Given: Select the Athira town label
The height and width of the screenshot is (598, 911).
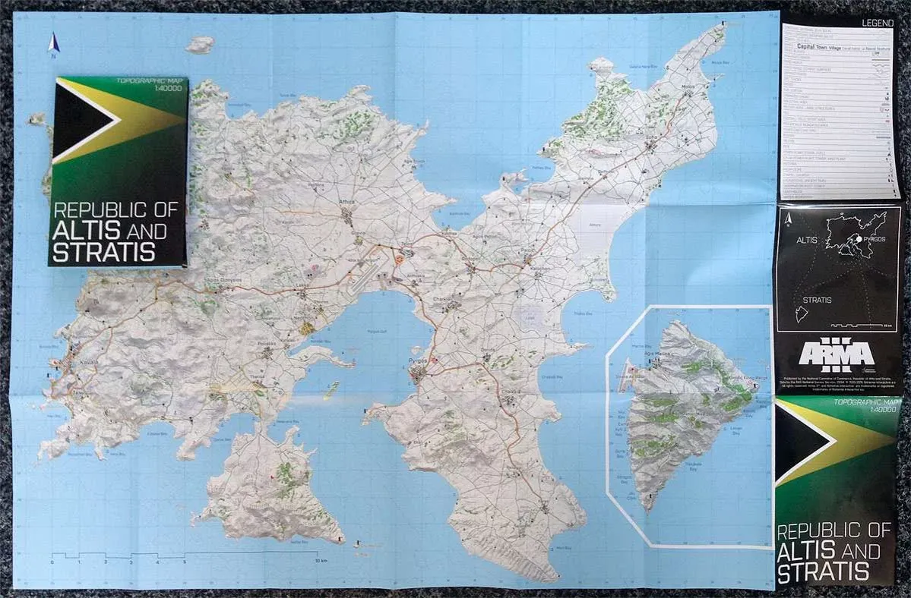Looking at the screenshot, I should coord(346,202).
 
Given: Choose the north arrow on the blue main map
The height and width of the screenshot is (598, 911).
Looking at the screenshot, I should coord(53,44).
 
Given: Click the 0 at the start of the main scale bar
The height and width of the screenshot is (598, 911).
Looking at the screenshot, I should coord(52,562).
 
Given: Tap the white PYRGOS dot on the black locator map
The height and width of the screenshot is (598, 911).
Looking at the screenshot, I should coord(859,239).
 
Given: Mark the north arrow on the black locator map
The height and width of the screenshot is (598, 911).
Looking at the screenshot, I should coord(791,219).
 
